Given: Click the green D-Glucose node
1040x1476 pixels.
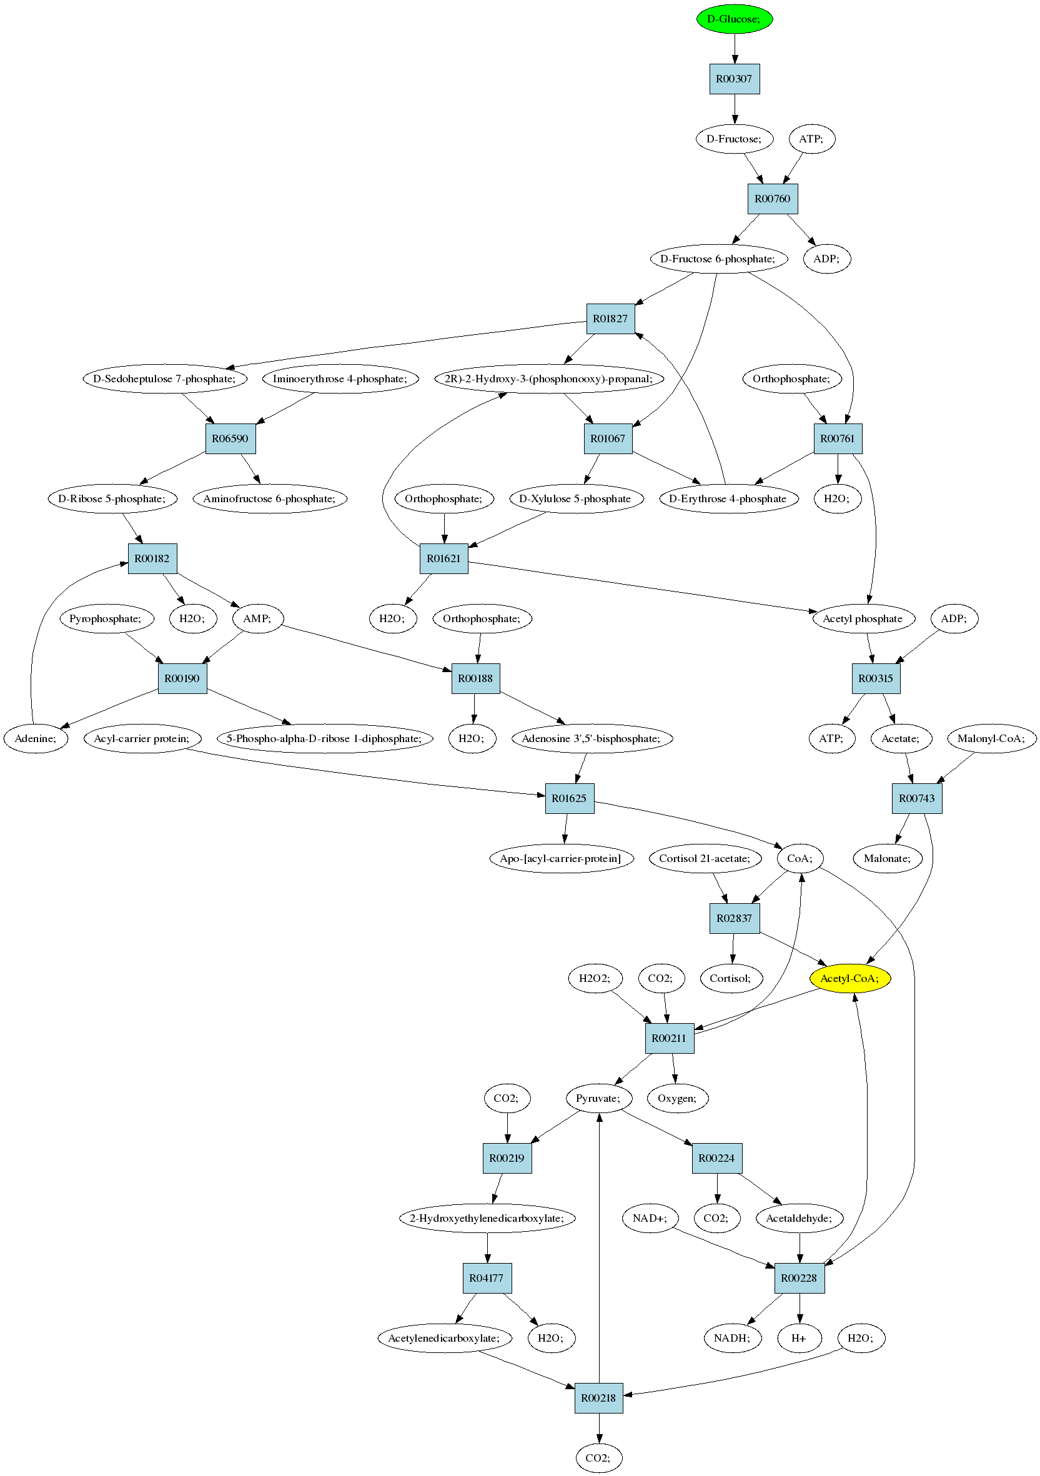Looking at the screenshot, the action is pyautogui.click(x=734, y=19).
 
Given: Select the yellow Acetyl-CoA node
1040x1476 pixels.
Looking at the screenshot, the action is pyautogui.click(x=849, y=978).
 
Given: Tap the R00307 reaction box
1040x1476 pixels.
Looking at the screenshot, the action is pyautogui.click(x=734, y=79).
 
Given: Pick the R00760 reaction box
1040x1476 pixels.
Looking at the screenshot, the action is pyautogui.click(x=773, y=199).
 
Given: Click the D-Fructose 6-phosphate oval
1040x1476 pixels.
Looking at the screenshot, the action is pyautogui.click(x=718, y=259).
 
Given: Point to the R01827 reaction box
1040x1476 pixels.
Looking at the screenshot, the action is pyautogui.click(x=611, y=319).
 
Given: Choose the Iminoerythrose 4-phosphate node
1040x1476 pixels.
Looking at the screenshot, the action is pyautogui.click(x=340, y=379).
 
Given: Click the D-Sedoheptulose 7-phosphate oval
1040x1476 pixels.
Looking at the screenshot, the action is pyautogui.click(x=165, y=379).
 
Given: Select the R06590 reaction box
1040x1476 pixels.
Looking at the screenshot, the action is pyautogui.click(x=230, y=438).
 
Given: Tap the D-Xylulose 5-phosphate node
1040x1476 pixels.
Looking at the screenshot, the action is pyautogui.click(x=575, y=498).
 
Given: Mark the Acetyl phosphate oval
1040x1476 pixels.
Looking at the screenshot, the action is pyautogui.click(x=863, y=618).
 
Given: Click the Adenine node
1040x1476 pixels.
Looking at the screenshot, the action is pyautogui.click(x=36, y=738).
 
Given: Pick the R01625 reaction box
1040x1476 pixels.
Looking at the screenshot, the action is pyautogui.click(x=570, y=798).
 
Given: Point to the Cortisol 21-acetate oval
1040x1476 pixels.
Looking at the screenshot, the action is pyautogui.click(x=705, y=858).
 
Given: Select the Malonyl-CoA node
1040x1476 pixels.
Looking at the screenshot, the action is pyautogui.click(x=992, y=738).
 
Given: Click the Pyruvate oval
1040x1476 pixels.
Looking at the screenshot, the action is pyautogui.click(x=598, y=1098).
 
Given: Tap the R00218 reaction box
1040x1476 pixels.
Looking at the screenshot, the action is pyautogui.click(x=598, y=1397).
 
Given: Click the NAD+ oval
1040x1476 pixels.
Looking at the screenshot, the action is pyautogui.click(x=650, y=1218).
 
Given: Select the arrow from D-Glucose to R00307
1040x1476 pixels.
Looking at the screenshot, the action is pyautogui.click(x=735, y=49).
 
